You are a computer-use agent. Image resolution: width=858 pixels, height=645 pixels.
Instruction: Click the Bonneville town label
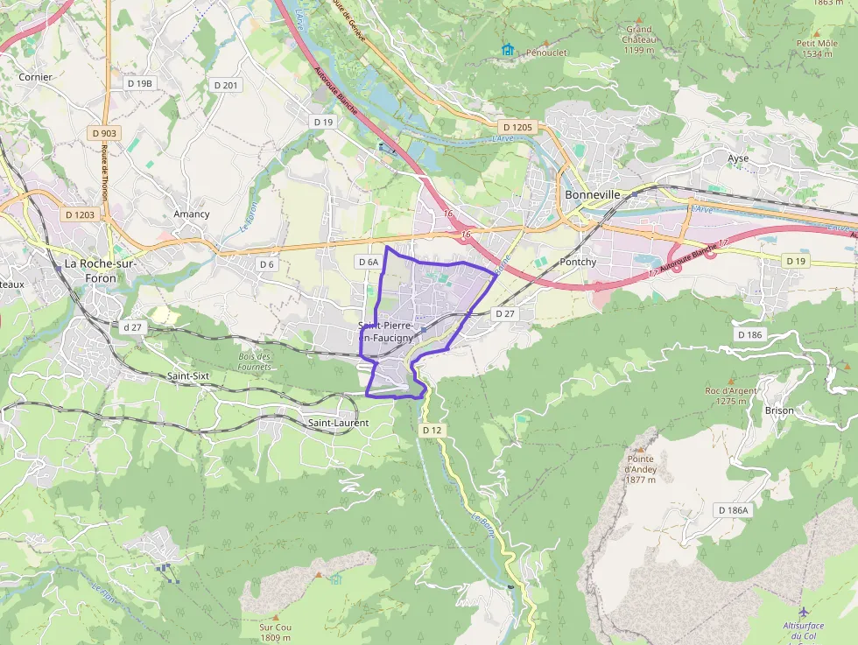coord(593,194)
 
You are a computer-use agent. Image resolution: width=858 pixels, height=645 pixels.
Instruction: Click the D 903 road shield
coord(104,133)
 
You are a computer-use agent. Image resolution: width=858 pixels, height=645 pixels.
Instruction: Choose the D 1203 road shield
coord(80,214)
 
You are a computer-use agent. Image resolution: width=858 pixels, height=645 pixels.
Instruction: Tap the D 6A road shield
coord(369,262)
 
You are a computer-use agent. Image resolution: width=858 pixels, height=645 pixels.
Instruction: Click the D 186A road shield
coord(733,510)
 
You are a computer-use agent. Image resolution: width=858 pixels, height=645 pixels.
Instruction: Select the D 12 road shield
coord(433,431)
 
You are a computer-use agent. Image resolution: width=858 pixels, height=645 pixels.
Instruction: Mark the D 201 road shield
coord(225,85)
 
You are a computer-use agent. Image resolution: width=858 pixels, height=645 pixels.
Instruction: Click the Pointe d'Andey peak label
coord(642,469)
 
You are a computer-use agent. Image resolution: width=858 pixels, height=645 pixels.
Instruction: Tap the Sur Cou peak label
coord(275,632)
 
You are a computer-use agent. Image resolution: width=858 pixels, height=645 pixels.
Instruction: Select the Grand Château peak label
coord(639,39)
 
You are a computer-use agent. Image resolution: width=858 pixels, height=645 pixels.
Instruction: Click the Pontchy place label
coord(578,262)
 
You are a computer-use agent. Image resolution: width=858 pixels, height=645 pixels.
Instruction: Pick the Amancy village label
coord(192,214)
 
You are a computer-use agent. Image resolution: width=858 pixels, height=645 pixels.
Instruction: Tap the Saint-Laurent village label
coord(338,423)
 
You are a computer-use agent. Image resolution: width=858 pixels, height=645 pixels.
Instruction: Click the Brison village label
coord(779,410)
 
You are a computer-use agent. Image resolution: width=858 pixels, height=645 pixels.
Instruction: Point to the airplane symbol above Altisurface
coord(804,610)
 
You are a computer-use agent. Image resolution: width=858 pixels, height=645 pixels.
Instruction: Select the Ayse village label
coord(738,158)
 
